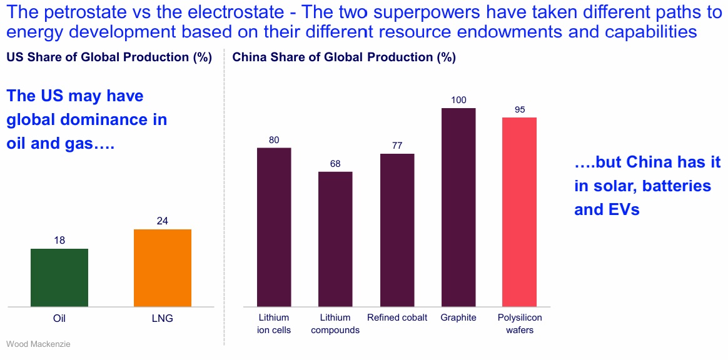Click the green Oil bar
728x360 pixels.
[x=59, y=277]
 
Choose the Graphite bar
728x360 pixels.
[x=458, y=207]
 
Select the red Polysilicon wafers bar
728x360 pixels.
[x=520, y=212]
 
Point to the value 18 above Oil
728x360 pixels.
[x=59, y=240]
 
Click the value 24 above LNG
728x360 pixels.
[x=163, y=221]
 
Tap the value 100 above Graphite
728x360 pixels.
[x=458, y=100]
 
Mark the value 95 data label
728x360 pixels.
[x=520, y=109]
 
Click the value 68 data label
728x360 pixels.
[x=335, y=164]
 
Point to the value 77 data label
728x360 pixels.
[x=397, y=146]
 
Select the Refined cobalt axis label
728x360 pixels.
[x=397, y=317]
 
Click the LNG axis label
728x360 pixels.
[x=163, y=318]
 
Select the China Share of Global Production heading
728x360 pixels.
[x=344, y=57]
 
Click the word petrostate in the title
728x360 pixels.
[x=81, y=11]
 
